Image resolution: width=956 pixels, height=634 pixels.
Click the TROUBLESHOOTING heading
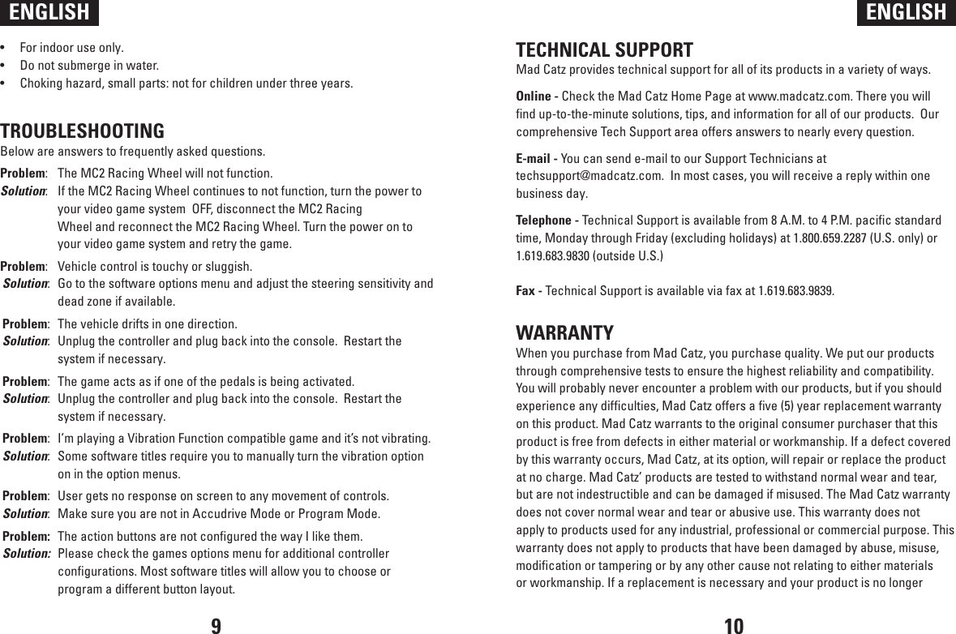(83, 131)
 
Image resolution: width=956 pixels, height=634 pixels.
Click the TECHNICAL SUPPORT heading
(605, 50)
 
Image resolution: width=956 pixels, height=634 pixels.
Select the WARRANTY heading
(565, 333)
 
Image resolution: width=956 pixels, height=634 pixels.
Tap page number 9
(216, 625)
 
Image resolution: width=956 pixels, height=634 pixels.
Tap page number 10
(733, 625)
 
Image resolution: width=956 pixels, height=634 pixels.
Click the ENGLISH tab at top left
(49, 12)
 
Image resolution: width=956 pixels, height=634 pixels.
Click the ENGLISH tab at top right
(906, 12)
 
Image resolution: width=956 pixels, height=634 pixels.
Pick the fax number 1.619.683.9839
(795, 290)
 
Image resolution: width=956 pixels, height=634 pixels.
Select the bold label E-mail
(534, 158)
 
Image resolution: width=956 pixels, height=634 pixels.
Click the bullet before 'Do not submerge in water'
(5, 66)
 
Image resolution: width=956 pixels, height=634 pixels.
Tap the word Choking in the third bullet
(41, 84)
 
